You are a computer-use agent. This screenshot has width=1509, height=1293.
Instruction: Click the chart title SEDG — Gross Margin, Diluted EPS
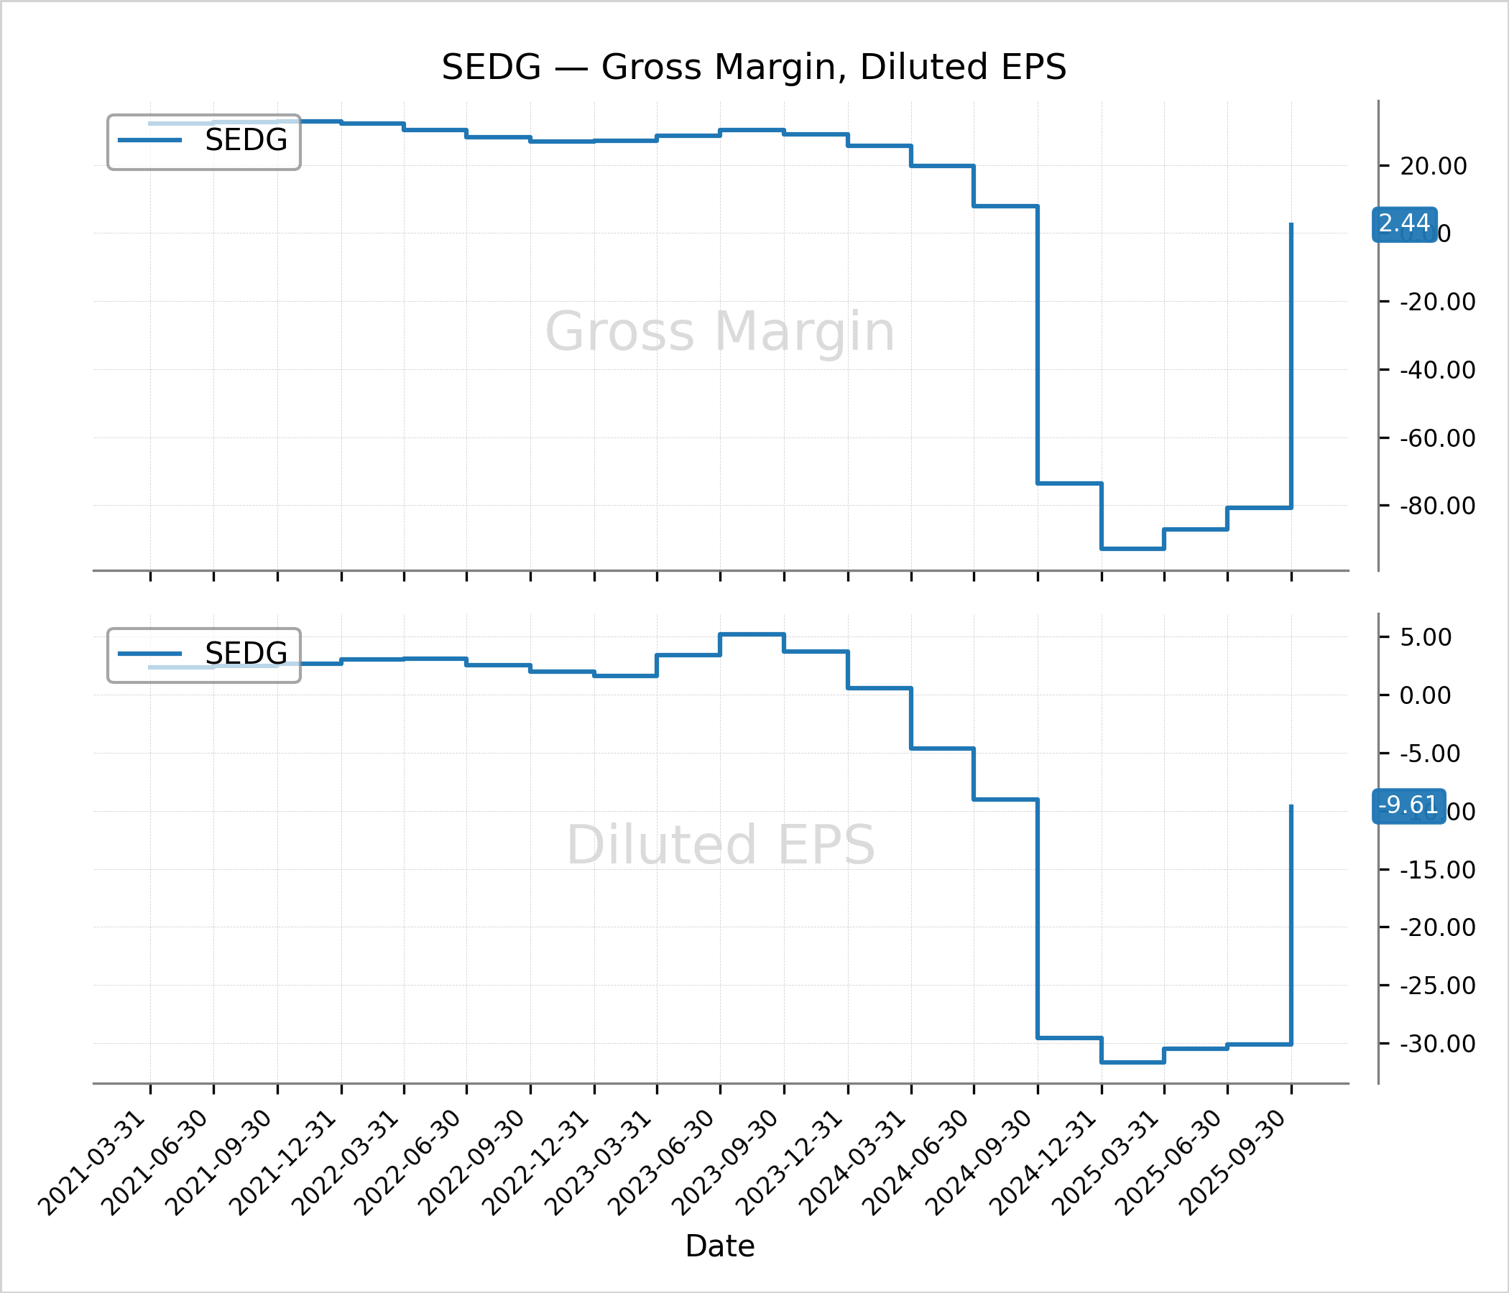pos(754,67)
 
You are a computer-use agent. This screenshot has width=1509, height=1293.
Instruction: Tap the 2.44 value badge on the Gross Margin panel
pos(1404,223)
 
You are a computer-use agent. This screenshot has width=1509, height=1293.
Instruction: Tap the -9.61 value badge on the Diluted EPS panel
pos(1408,805)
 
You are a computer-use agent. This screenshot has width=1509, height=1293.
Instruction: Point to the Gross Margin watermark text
pos(719,332)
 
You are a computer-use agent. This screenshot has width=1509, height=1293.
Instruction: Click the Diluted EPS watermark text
pos(719,845)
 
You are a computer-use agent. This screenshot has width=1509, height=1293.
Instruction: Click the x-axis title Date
pos(719,1246)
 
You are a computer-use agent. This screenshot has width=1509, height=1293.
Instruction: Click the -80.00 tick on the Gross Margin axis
pos(1437,506)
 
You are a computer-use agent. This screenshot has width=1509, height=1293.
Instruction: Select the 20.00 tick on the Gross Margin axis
pos(1434,167)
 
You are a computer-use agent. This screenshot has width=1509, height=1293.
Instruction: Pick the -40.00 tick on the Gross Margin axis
pos(1437,371)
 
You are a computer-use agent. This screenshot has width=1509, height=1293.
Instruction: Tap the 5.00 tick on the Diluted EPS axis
pos(1425,638)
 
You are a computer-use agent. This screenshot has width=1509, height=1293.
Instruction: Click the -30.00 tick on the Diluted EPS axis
pos(1437,1044)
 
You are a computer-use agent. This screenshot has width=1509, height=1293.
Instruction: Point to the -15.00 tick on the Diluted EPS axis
pos(1437,870)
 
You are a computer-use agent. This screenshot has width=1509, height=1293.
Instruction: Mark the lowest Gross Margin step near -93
pos(1132,549)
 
